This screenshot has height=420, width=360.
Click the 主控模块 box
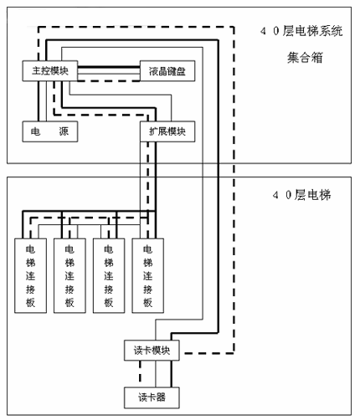tap(50, 71)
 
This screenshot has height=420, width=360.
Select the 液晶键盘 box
tap(167, 71)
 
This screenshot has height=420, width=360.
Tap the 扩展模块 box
tap(167, 131)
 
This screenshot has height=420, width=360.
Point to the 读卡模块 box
tap(152, 351)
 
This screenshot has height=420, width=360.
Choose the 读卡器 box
tap(152, 397)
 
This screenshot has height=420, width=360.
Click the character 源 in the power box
tap(64, 131)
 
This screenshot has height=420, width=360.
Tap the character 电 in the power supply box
tap(35, 131)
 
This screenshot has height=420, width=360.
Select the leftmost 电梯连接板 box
tap(30, 275)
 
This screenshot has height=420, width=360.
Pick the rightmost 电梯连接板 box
tap(147, 275)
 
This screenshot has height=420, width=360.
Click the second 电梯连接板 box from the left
tap(69, 275)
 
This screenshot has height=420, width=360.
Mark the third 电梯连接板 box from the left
tap(109, 275)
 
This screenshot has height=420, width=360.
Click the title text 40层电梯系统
tap(301, 31)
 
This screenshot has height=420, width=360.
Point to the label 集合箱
tap(305, 58)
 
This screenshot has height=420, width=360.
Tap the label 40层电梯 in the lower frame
tap(301, 195)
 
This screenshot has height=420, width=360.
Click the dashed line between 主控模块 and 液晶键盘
tap(109, 81)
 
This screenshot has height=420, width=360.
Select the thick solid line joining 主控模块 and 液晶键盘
tap(109, 67)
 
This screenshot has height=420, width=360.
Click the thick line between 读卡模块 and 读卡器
tap(171, 374)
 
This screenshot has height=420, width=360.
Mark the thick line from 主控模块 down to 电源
tap(39, 101)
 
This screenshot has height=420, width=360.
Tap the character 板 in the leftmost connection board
tap(30, 303)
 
